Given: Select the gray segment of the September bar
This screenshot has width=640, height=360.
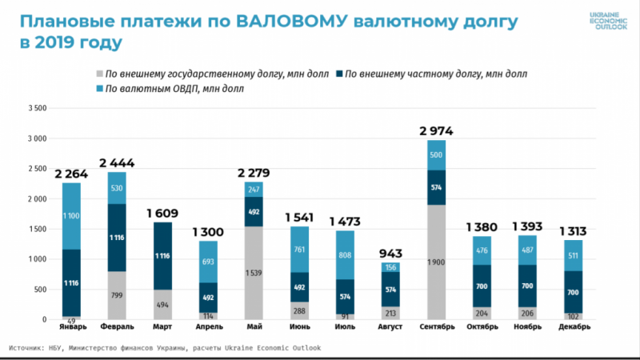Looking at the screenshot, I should point(437,262).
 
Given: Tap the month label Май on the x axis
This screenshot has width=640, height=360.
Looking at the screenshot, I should point(254,326).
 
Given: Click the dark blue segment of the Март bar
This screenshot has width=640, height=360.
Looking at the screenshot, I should point(162,255).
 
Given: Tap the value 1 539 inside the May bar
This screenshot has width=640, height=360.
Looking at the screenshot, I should point(254,273).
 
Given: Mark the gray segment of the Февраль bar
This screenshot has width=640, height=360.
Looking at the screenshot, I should point(117,295).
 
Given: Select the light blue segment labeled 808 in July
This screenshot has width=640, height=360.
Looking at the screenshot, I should point(345,255).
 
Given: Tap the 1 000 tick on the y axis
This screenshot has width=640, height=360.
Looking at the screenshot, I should point(38,259).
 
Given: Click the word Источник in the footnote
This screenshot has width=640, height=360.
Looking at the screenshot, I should point(30,348).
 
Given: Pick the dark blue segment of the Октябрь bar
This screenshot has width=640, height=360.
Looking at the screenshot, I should point(482,286).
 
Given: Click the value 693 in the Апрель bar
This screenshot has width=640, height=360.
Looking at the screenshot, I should point(208,262).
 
